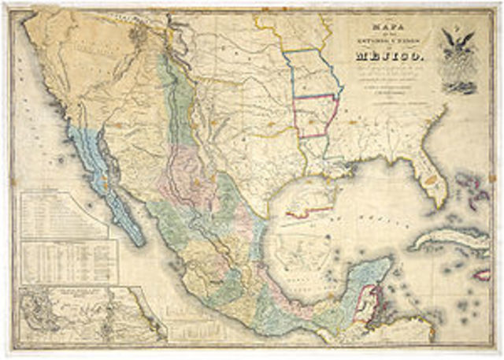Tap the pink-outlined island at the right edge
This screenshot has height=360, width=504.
[482, 274]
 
